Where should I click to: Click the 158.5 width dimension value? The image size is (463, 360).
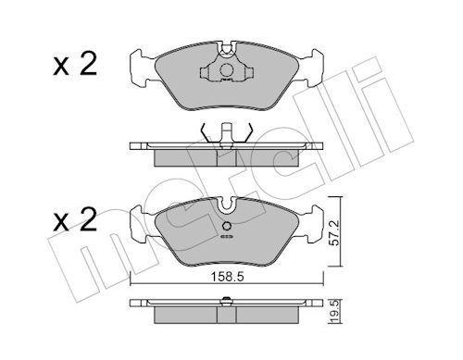227,277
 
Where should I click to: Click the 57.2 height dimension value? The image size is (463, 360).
334,233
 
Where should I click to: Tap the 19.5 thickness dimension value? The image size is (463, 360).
335,312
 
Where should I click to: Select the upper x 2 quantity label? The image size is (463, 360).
75,64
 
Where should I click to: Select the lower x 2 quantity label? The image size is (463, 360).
75,219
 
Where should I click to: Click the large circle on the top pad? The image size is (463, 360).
227,69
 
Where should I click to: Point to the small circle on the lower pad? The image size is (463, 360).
227,226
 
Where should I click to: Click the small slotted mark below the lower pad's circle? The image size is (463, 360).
227,237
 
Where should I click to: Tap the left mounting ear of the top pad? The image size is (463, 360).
143,69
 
